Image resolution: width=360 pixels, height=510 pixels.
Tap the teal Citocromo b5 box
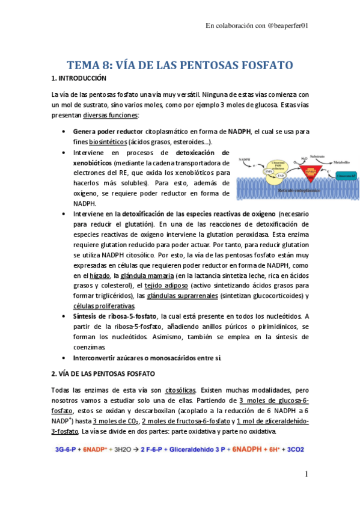pyautogui.click(x=347, y=176)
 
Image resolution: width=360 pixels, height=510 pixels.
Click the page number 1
pyautogui.click(x=306, y=475)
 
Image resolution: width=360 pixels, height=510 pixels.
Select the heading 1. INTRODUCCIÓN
pyautogui.click(x=79, y=78)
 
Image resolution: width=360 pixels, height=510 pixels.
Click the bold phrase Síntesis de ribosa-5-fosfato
pyautogui.click(x=115, y=316)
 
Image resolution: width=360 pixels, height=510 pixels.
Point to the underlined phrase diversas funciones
pyautogui.click(x=111, y=115)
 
